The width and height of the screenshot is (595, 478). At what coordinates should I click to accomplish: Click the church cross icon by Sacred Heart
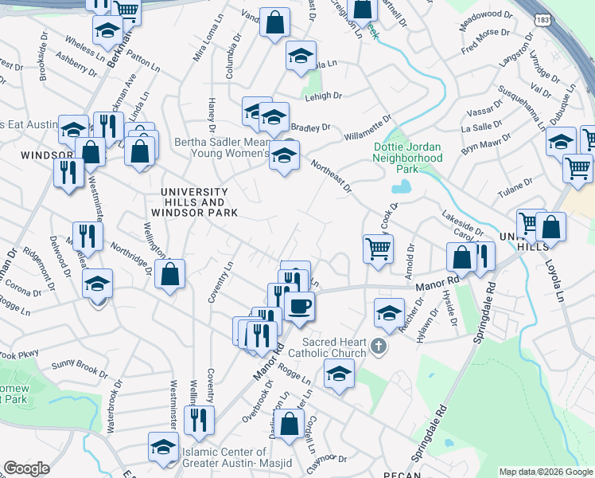[379, 347]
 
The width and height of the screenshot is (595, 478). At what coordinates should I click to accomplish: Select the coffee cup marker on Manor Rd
[299, 306]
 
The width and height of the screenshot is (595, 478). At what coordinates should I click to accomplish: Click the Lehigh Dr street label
[323, 96]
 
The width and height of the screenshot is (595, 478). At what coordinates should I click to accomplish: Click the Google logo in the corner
[26, 468]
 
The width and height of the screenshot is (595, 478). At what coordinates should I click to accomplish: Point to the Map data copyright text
[546, 472]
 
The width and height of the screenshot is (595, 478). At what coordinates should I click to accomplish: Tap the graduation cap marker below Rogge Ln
[339, 374]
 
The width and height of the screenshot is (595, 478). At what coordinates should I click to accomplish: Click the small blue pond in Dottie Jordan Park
[401, 187]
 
